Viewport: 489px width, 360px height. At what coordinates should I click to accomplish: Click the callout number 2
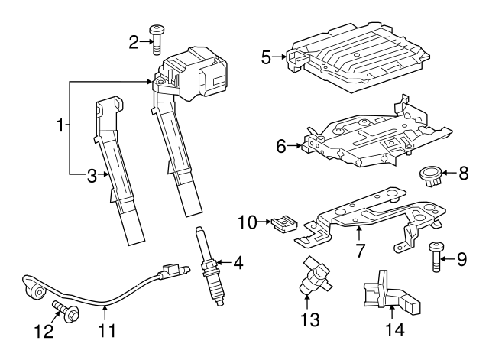134,41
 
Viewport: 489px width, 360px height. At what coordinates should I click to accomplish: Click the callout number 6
280,144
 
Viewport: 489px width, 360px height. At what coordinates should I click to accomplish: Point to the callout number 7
360,250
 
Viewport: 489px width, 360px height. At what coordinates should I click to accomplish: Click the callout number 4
238,265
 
